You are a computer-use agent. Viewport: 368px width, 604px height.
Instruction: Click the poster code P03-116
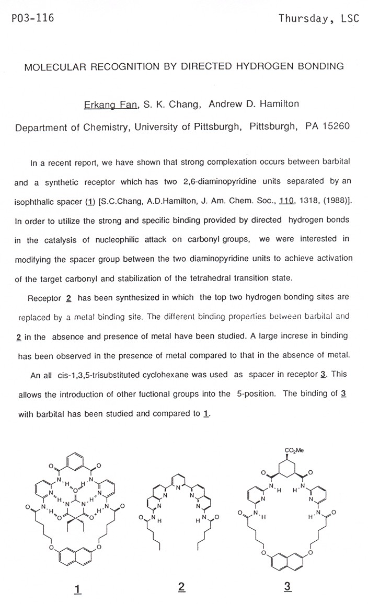coord(32,19)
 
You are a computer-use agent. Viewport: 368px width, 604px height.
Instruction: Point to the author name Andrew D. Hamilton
coord(254,104)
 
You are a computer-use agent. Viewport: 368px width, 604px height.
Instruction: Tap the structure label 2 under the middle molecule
coord(181,587)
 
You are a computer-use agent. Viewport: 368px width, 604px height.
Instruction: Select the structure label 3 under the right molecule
coord(287,587)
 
